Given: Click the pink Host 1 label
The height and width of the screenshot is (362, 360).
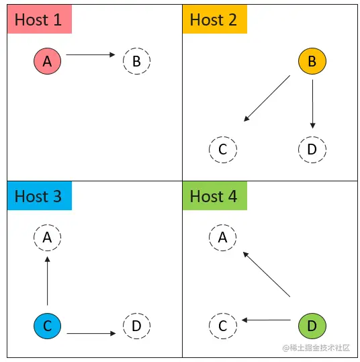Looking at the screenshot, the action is pos(40,19).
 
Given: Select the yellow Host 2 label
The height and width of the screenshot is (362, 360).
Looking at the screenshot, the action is pos(215,19).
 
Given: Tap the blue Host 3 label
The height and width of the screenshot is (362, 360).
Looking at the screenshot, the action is pos(40,196).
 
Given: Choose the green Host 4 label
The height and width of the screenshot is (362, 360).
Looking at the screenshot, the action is pos(215,196).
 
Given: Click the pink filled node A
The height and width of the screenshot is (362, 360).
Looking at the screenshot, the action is pos(47,61).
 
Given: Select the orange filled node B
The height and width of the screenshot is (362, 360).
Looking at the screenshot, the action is pos(312,61).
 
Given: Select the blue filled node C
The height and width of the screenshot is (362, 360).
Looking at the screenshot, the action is pos(47,326).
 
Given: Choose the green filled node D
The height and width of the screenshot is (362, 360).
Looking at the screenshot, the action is pos(312,326).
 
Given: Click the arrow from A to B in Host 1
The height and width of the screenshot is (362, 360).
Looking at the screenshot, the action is pos(91,54).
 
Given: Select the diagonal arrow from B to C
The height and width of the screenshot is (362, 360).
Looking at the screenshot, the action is pos(267,98).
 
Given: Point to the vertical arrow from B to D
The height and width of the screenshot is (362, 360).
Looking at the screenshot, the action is pos(313,104).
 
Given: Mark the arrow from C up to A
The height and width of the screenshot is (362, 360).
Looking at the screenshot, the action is pos(47,281).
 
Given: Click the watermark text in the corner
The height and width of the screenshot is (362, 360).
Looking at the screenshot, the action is pos(316,348).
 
